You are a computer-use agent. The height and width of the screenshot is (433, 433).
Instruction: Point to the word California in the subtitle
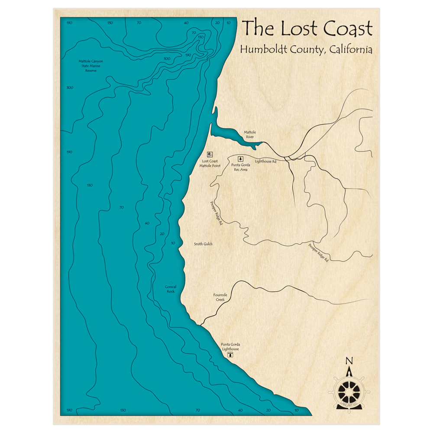click(x=350, y=49)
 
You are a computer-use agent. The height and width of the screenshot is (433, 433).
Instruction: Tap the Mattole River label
click(x=250, y=134)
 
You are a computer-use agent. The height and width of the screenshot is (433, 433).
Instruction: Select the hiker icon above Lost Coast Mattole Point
click(x=210, y=154)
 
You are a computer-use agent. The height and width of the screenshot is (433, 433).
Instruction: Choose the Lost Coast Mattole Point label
click(x=210, y=163)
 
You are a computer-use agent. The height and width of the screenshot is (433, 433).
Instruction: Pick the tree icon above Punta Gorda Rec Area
click(x=241, y=158)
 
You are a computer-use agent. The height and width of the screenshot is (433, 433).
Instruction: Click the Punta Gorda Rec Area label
click(x=241, y=167)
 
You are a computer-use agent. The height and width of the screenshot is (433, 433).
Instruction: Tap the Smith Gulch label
click(x=203, y=244)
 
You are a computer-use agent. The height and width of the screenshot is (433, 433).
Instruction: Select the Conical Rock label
click(x=171, y=289)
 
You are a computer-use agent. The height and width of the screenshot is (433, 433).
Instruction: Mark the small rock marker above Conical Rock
click(x=171, y=282)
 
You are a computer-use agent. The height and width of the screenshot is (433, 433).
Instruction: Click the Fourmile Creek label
click(x=220, y=297)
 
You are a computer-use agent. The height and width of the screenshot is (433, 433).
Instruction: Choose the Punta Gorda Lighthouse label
click(x=230, y=346)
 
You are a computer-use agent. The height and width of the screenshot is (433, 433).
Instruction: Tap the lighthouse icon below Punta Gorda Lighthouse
click(x=230, y=355)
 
